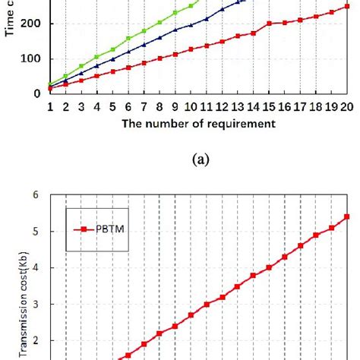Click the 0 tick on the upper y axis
pos(38,93)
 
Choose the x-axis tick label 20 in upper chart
pos(346,108)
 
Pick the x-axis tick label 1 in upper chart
pos(50,108)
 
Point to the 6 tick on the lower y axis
pos(35,194)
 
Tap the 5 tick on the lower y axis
pos(35,232)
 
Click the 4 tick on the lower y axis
pos(35,268)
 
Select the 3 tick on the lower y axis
pos(35,305)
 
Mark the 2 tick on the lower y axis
pos(35,341)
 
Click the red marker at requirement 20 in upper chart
pos(346,5)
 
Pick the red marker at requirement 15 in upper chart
pos(269,24)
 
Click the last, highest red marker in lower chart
pos(346,216)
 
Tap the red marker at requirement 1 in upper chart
pos(50,88)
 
